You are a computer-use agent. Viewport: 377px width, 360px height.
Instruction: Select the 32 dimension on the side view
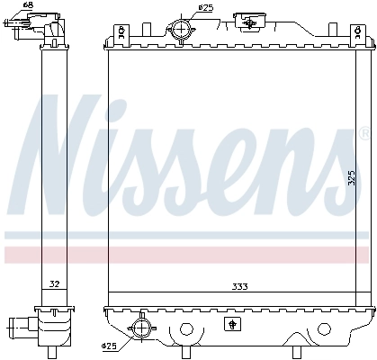53,284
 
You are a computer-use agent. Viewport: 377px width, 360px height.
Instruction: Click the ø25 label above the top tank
206,8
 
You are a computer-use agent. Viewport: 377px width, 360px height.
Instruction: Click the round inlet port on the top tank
184,31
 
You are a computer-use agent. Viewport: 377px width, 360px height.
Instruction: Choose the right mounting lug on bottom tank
295,332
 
